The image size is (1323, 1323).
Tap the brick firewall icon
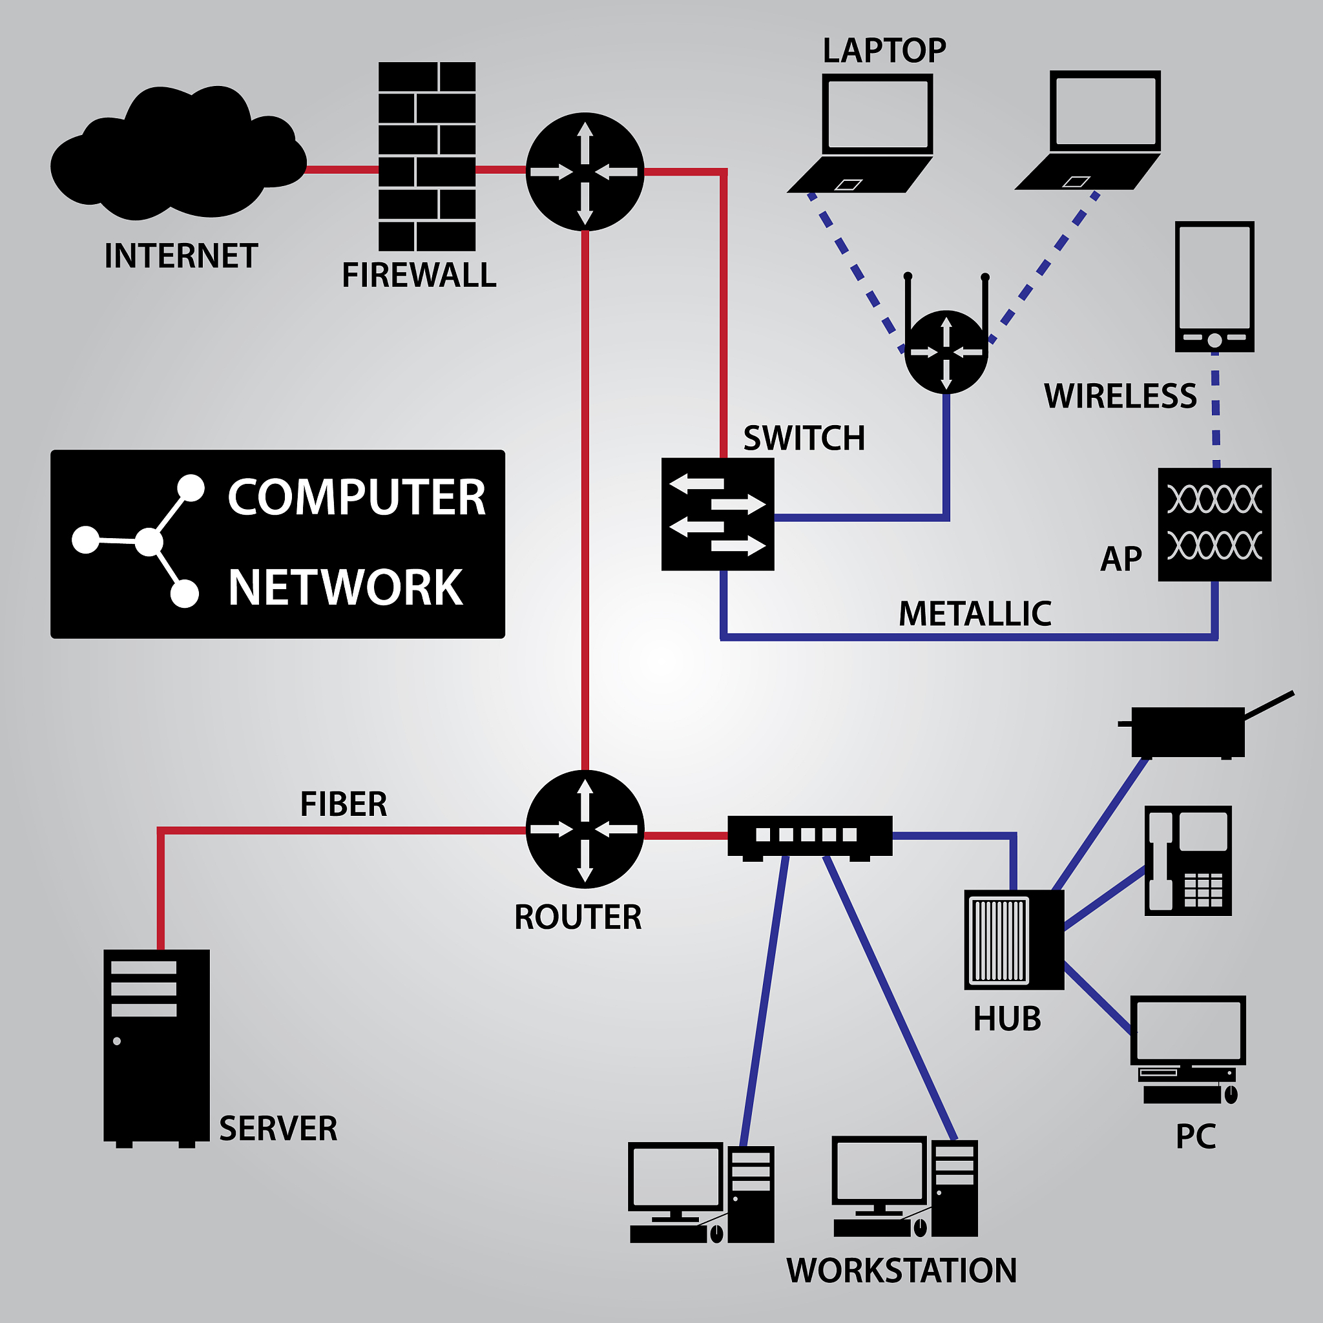pos(426,156)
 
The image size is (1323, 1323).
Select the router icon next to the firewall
pos(585,172)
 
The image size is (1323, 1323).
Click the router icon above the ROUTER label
pos(585,829)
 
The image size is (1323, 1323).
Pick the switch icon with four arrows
pos(718,514)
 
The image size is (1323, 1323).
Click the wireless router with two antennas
pos(946,351)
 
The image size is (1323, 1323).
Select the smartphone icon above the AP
pos(1214,286)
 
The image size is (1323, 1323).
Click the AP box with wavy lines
pos(1214,525)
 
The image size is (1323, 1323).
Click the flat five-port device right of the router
pos(809,835)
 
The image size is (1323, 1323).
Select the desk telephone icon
pos(1188,860)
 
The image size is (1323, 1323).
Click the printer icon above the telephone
pos(1188,731)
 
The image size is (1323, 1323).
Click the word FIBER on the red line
pos(343,804)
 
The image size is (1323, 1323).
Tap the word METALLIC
pos(974,614)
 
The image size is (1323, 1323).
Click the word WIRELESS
pos(1120,396)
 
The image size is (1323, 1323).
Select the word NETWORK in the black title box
pos(345,588)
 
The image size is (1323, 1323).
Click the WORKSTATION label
pos(901,1270)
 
